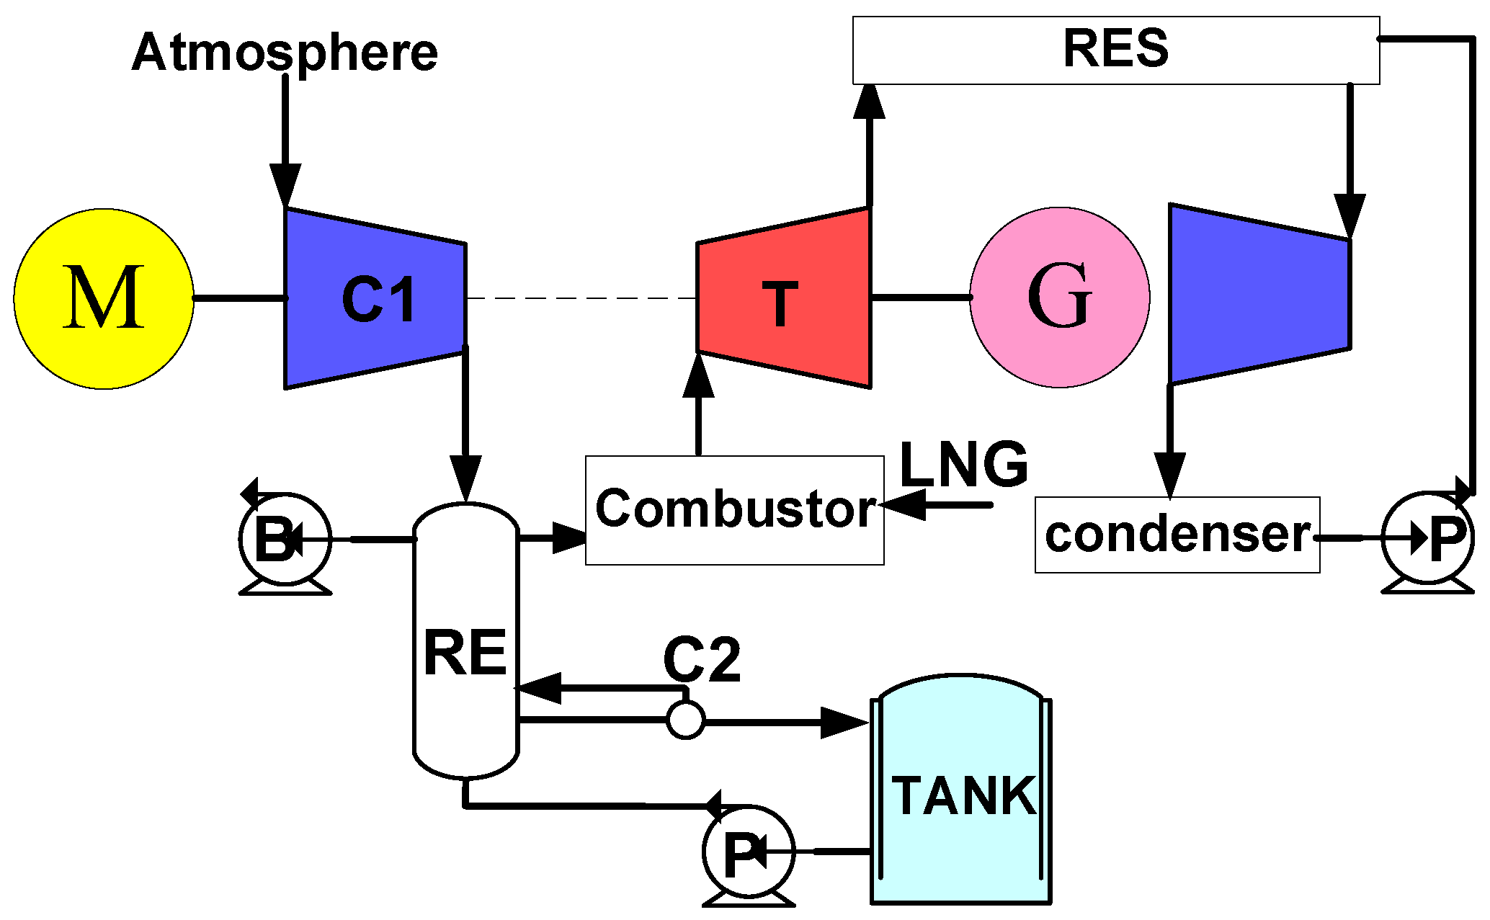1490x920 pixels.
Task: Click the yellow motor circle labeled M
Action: click(x=104, y=298)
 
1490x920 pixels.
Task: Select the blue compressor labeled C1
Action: click(x=375, y=298)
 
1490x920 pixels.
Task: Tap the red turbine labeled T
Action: click(x=784, y=298)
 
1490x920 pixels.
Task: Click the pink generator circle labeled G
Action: click(x=1059, y=297)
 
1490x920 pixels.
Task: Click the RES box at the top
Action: click(x=1115, y=50)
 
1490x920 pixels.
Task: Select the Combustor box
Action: click(x=734, y=510)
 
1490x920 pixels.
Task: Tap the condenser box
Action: click(x=1177, y=535)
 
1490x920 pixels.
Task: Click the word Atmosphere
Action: click(x=285, y=52)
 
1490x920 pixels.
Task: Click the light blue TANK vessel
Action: click(x=961, y=792)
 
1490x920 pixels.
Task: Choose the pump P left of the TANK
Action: click(x=749, y=852)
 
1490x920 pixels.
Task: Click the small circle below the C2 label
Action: click(x=685, y=719)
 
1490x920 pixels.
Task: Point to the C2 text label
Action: click(x=701, y=659)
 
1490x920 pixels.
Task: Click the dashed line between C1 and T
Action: click(x=581, y=298)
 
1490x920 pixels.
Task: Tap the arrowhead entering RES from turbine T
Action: click(x=869, y=102)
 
